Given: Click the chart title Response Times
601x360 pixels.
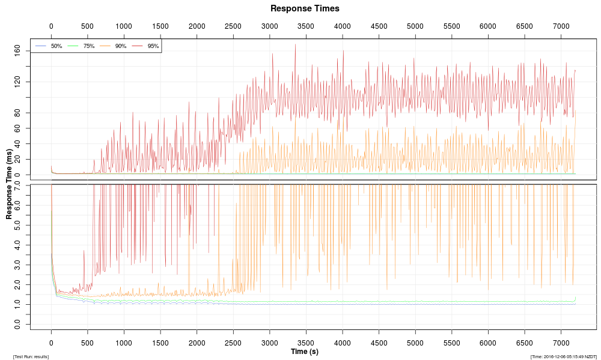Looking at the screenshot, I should pyautogui.click(x=305, y=8).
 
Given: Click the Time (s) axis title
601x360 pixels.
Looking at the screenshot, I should pyautogui.click(x=305, y=351).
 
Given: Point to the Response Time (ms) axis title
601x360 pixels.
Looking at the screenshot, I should pyautogui.click(x=10, y=184).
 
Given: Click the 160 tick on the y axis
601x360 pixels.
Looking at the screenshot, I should pyautogui.click(x=17, y=50).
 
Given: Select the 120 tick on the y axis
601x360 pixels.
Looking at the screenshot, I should pyautogui.click(x=17, y=82).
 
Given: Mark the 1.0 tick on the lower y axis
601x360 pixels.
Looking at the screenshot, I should pyautogui.click(x=17, y=304).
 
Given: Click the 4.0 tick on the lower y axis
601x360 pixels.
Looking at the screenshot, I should pyautogui.click(x=17, y=245).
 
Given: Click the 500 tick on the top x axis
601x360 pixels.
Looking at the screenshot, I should pyautogui.click(x=87, y=26).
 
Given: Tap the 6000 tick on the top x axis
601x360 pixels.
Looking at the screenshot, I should pyautogui.click(x=488, y=26).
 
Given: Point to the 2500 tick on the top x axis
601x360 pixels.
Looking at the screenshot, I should pyautogui.click(x=233, y=26).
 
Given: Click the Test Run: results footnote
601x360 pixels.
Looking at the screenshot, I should pyautogui.click(x=31, y=357).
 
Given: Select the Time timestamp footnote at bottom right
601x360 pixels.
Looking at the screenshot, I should pyautogui.click(x=563, y=357).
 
